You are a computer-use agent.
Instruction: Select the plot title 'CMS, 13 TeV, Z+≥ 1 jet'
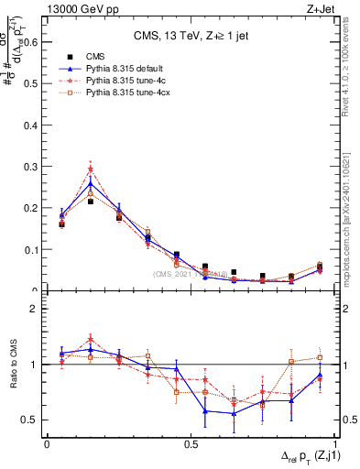192,37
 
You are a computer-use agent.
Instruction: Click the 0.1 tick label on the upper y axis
27,249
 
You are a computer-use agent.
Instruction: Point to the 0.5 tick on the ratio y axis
27,420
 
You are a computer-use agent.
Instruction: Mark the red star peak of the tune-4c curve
91,169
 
